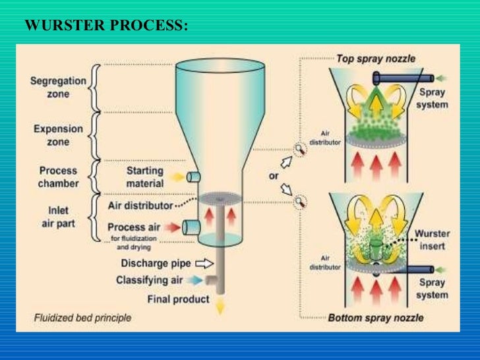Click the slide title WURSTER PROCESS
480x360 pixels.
(105, 26)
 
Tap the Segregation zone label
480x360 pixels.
(58, 86)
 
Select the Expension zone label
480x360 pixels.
(58, 135)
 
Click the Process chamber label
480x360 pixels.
(58, 177)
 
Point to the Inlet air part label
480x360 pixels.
(57, 218)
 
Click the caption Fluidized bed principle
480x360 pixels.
(82, 318)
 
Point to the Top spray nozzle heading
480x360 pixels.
(376, 59)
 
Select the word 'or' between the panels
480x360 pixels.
(274, 177)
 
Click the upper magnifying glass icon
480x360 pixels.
(300, 150)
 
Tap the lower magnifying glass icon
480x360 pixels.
(300, 200)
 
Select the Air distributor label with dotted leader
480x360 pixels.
(140, 205)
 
